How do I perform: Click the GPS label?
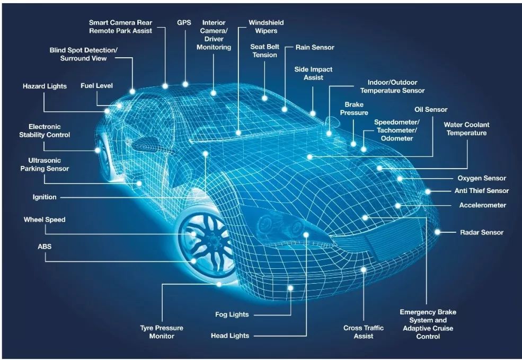[184, 23]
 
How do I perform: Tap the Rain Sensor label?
[315, 47]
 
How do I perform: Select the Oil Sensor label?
[431, 110]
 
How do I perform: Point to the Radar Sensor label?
[481, 232]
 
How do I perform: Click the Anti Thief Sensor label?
[481, 191]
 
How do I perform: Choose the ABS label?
[45, 247]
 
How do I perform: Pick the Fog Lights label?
[232, 314]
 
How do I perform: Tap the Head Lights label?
[230, 336]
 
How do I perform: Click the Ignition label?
[45, 197]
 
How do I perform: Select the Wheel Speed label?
[45, 220]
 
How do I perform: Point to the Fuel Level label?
[96, 86]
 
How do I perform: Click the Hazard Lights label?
[45, 86]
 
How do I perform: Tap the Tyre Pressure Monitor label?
[162, 332]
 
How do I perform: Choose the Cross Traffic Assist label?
[364, 332]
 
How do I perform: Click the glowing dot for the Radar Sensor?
[437, 232]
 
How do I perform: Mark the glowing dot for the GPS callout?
[185, 84]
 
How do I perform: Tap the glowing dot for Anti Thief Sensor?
[428, 191]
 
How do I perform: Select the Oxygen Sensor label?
[481, 178]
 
